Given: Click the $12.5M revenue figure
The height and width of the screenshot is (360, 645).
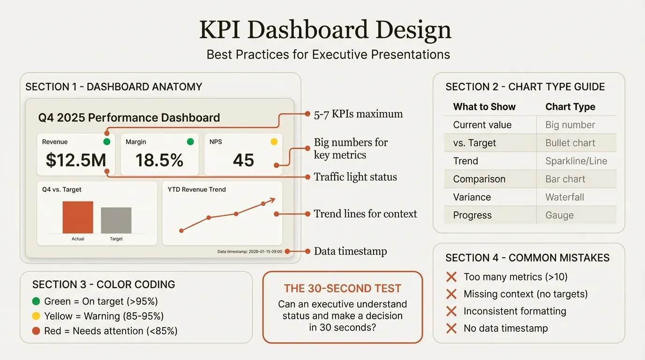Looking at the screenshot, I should tap(76, 160).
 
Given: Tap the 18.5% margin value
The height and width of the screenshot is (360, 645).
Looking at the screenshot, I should tap(159, 160).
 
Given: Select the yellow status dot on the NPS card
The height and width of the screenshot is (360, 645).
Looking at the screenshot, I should tap(274, 142).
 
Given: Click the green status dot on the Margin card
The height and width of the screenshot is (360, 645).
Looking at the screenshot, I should tap(190, 142).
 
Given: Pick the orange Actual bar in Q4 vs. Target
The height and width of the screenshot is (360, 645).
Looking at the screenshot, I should tap(78, 217).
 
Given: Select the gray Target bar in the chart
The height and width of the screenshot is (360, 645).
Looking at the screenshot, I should tap(116, 220).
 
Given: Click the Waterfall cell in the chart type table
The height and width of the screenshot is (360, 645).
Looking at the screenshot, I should tap(564, 197).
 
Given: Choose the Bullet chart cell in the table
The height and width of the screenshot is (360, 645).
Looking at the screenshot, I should tap(570, 143).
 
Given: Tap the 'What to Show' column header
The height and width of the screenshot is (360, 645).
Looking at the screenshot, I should tap(484, 107).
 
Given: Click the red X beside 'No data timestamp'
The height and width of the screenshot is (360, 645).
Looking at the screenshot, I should tap(451, 328).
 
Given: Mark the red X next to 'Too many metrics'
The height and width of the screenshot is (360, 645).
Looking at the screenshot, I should tap(451, 277).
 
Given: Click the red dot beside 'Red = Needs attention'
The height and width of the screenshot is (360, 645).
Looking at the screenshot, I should tap(36, 331).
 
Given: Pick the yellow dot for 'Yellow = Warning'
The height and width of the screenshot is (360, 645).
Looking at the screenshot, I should tap(36, 316).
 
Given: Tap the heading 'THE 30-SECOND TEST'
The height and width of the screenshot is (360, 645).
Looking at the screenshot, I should tap(342, 289).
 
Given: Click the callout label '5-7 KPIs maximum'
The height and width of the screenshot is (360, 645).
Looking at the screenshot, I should tap(358, 114).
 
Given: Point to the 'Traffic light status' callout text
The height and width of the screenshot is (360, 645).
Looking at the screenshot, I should tap(355, 177).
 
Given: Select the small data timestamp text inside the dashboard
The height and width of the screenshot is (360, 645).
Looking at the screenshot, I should tap(250, 252).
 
